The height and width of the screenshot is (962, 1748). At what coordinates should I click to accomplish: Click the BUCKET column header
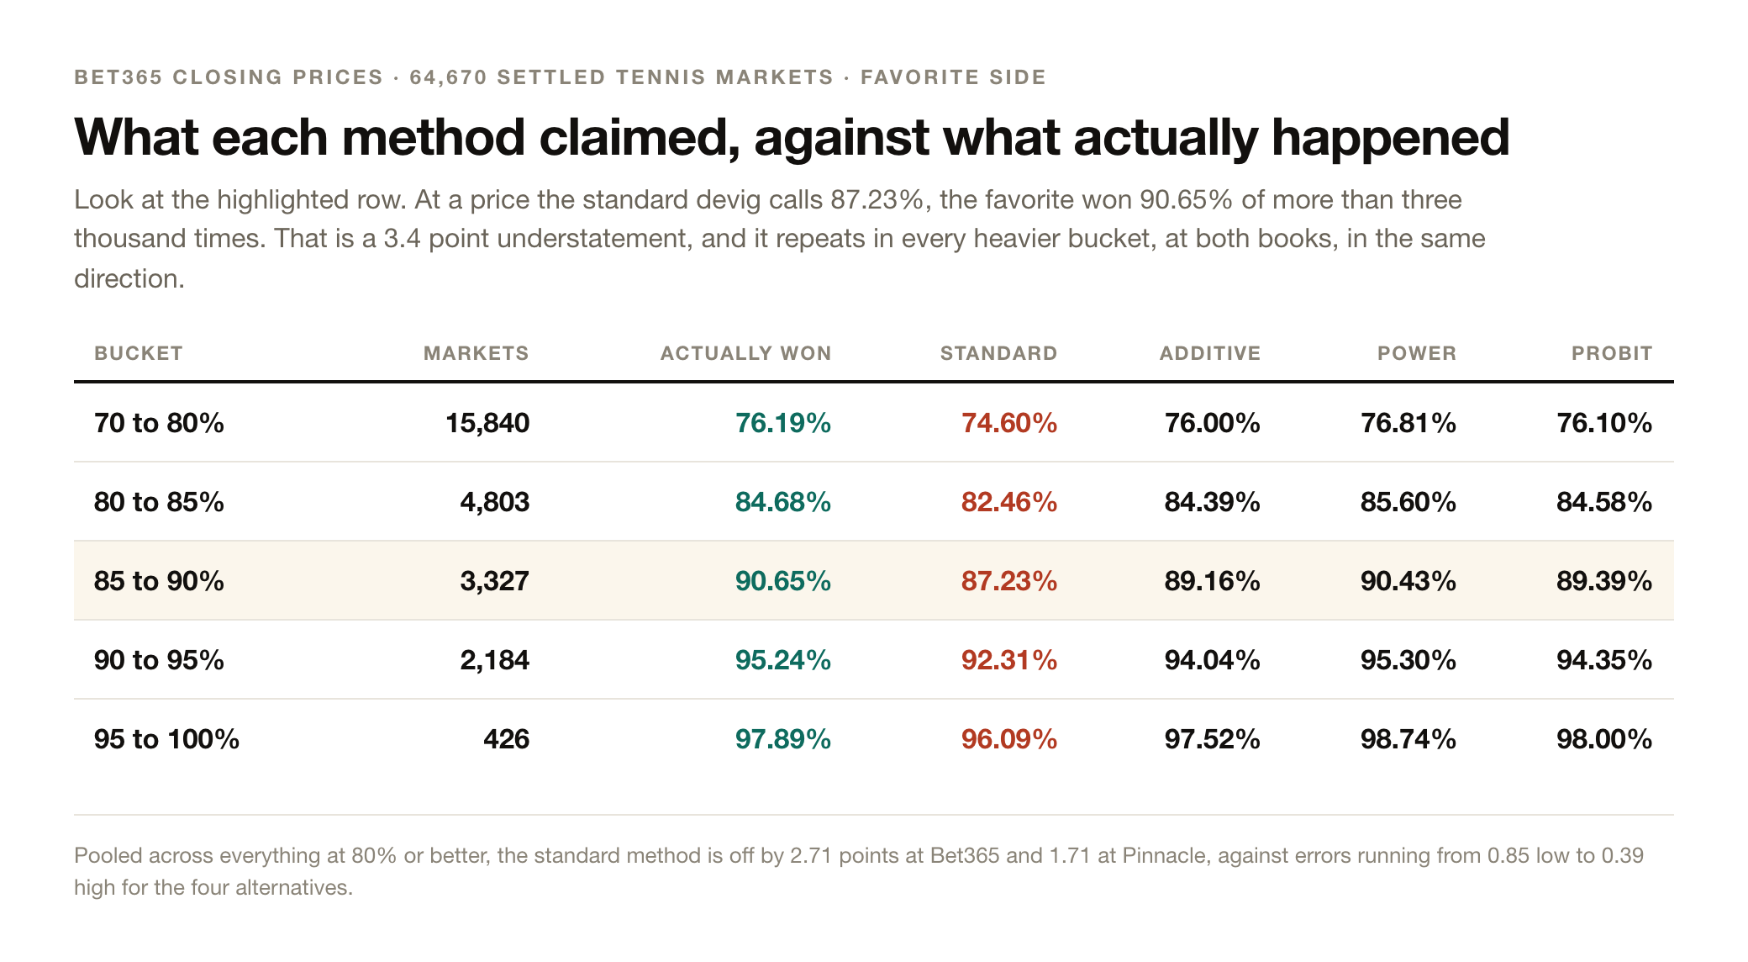[x=139, y=353]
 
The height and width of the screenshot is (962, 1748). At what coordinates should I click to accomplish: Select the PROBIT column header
[x=1612, y=353]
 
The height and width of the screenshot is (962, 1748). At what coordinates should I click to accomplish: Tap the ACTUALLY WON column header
[x=745, y=353]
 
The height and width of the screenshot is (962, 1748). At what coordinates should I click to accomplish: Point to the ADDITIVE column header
[x=1210, y=353]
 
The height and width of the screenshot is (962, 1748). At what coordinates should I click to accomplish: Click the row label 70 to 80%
[x=159, y=422]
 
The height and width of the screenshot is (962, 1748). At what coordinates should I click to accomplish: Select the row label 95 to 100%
[x=166, y=738]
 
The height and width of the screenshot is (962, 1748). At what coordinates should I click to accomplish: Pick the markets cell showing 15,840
[x=487, y=422]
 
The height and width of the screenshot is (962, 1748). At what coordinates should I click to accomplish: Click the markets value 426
[x=507, y=738]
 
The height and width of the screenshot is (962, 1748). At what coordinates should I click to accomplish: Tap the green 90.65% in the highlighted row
[x=783, y=580]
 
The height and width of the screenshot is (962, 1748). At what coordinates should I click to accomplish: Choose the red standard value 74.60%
[x=1009, y=422]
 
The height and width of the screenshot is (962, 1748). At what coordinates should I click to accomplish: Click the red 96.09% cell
[x=1009, y=738]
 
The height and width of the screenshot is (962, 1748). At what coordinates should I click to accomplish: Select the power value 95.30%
[x=1408, y=659]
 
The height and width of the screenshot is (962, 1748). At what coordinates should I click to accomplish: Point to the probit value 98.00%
[x=1604, y=738]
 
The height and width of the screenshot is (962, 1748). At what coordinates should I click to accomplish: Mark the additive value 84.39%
[x=1213, y=501]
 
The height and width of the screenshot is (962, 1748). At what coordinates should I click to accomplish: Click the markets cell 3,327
[x=495, y=580]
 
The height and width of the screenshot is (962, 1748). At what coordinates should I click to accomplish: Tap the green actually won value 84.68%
[x=783, y=501]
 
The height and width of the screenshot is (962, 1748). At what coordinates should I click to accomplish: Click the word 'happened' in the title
[x=1391, y=137]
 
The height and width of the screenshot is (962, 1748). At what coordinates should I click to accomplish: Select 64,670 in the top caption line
[x=449, y=77]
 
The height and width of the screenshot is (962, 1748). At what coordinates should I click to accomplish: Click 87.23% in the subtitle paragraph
[x=877, y=199]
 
